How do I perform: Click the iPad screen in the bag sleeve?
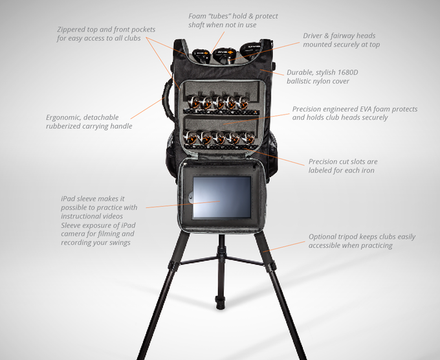[222, 197]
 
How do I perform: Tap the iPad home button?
[190, 197]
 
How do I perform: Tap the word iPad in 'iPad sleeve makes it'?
[68, 199]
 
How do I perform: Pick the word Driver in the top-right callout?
[313, 36]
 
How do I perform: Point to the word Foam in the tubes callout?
[197, 16]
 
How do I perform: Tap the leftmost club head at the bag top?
[201, 56]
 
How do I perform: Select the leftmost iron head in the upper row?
[193, 102]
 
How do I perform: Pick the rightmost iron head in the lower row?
[248, 138]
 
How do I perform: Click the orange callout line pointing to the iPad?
[182, 205]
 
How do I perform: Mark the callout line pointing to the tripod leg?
[283, 246]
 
